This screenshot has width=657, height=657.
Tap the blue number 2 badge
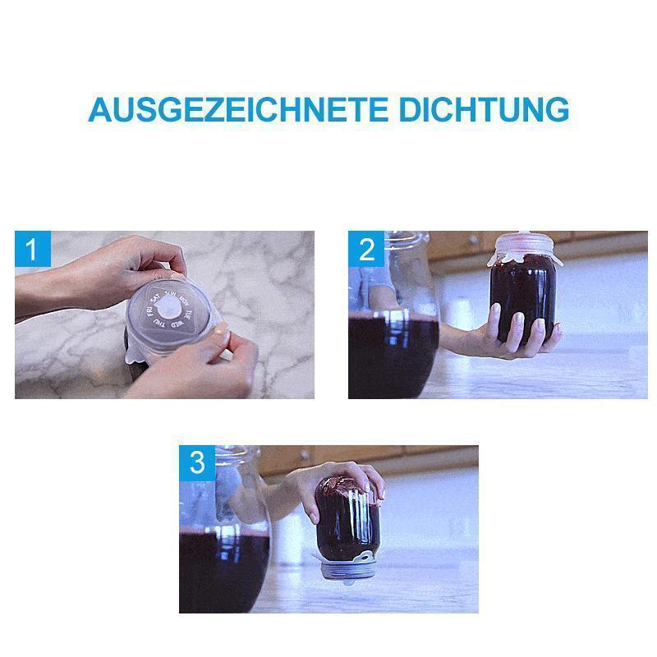[x=366, y=249]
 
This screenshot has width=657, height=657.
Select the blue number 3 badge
[x=197, y=463]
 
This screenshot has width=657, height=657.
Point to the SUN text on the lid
[x=171, y=292]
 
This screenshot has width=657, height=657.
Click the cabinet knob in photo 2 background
[x=473, y=241]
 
